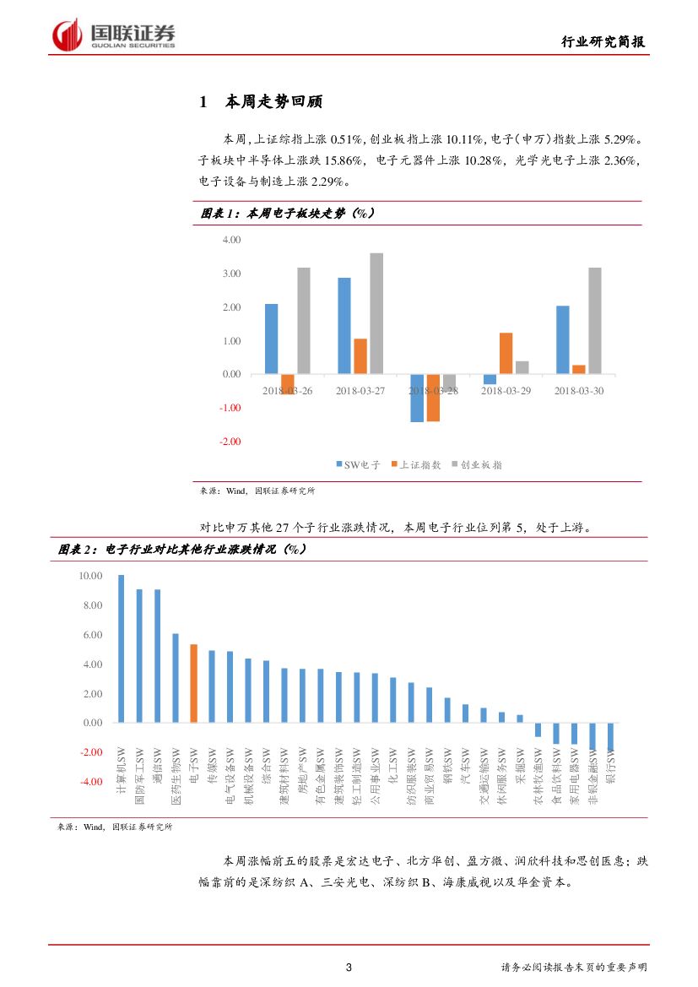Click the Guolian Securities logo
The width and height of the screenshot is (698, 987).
[x=114, y=35]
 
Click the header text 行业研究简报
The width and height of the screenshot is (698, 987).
[x=605, y=42]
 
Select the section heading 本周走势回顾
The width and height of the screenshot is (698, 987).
[x=273, y=102]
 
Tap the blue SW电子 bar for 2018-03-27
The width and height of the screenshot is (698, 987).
[x=344, y=325]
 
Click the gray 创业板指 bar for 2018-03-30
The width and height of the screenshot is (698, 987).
[x=594, y=321]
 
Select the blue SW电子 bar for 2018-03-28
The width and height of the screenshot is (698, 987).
[x=416, y=398]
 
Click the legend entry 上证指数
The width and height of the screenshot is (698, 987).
[x=419, y=464]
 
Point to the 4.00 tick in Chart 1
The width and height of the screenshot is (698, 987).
[x=230, y=240]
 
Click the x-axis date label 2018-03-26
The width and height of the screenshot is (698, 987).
[x=287, y=391]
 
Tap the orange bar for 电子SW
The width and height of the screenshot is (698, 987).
[x=193, y=683]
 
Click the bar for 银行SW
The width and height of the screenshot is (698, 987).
[x=610, y=737]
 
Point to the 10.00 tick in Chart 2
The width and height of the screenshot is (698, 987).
[x=89, y=576]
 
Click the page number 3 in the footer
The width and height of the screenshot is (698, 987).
[x=349, y=968]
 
